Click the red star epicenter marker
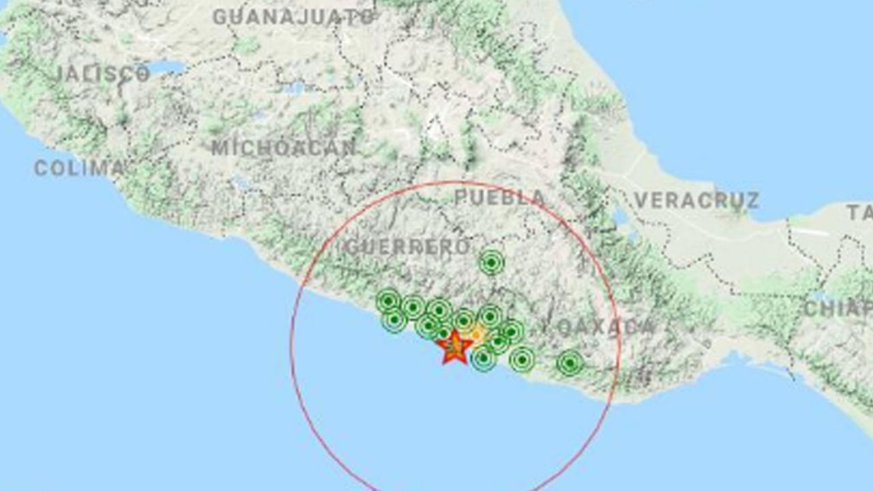(455, 348)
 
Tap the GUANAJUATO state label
(294, 17)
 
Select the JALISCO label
(102, 74)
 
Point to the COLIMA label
(79, 168)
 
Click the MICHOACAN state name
(284, 148)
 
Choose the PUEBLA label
(500, 198)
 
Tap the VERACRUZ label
(696, 200)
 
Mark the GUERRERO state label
(407, 247)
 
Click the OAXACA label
(606, 328)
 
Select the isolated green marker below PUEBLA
(491, 262)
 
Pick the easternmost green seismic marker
(570, 363)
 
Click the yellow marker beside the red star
(477, 335)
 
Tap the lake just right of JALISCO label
(166, 68)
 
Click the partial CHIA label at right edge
(838, 308)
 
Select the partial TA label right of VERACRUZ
(860, 213)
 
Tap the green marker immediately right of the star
(484, 357)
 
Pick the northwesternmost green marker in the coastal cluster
(388, 301)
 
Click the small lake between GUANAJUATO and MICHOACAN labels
(295, 88)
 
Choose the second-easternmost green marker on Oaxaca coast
(522, 359)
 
